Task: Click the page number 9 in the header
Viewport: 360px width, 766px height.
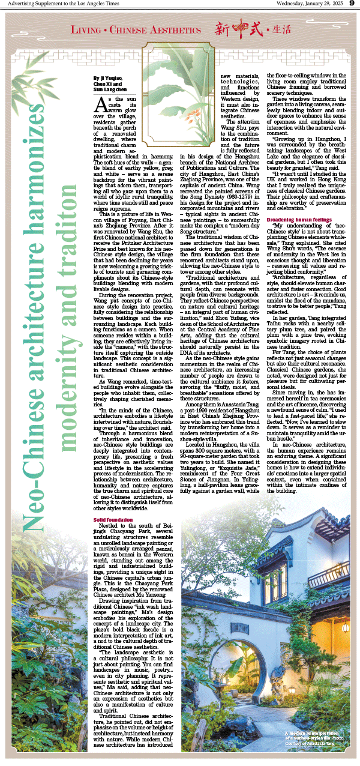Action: pos(352,5)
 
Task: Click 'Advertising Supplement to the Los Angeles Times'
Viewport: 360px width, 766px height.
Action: pos(53,5)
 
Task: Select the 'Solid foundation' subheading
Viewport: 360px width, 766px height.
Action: pos(112,518)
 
